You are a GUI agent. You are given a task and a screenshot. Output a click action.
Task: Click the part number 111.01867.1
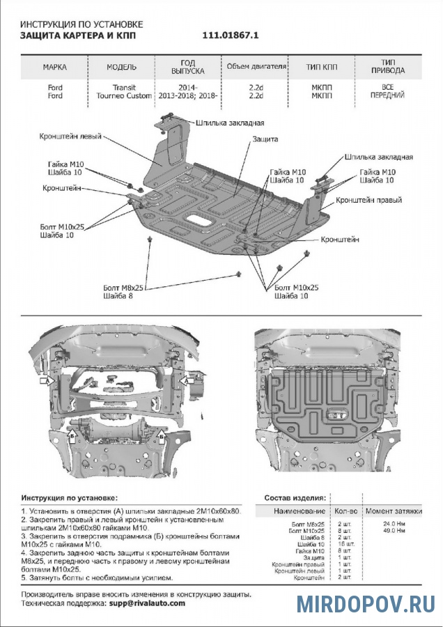(x=230, y=34)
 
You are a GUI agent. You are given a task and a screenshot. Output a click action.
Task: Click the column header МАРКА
(x=55, y=68)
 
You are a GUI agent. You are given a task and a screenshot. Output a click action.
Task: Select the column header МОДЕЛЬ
(x=121, y=68)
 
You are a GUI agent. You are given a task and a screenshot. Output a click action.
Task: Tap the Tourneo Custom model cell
(x=123, y=95)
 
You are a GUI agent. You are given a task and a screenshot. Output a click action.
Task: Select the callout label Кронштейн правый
(x=369, y=200)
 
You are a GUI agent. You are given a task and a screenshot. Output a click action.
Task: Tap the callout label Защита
(x=265, y=139)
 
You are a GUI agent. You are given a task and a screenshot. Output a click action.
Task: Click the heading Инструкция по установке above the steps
(x=70, y=498)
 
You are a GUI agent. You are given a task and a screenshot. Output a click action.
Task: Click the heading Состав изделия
(x=295, y=498)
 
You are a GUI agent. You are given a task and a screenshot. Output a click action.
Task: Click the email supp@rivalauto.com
(x=147, y=603)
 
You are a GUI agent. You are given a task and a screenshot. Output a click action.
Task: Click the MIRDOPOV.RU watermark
(x=366, y=603)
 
